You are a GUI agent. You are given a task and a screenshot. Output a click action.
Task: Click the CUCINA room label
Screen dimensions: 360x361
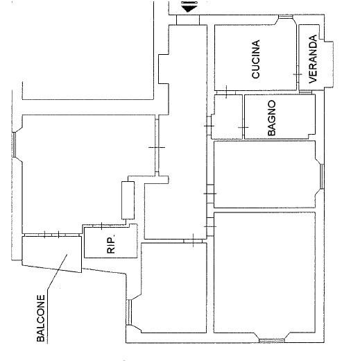(256, 59)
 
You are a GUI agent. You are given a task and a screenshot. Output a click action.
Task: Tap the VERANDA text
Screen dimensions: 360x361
(312, 59)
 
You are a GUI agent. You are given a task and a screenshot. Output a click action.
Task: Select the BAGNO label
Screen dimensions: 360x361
(272, 118)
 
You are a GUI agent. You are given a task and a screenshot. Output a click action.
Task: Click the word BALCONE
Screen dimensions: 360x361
(41, 318)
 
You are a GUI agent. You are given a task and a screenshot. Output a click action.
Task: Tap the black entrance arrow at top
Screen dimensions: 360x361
(189, 6)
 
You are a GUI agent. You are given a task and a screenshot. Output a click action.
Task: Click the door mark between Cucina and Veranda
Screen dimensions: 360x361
(298, 74)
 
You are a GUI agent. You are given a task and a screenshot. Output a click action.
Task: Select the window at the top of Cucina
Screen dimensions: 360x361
(286, 17)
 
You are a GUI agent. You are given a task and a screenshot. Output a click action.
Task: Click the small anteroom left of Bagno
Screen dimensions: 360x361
(227, 117)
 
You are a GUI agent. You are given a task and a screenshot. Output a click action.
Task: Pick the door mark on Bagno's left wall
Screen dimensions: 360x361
(243, 127)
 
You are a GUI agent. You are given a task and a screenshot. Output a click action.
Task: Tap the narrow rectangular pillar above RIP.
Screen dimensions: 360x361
(128, 200)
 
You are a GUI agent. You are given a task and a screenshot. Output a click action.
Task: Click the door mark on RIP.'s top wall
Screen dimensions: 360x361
(102, 226)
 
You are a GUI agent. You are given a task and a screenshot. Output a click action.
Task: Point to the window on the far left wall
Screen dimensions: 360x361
(14, 144)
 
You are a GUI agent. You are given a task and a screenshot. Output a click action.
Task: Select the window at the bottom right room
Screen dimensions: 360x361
(272, 340)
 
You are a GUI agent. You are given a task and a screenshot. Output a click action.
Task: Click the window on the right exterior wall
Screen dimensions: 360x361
(322, 176)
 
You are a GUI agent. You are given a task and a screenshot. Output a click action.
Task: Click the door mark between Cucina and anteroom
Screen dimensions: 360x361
(226, 92)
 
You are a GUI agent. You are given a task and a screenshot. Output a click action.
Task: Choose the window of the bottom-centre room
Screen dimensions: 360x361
(130, 312)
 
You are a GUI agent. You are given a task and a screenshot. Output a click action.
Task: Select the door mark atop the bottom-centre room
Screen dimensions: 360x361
(193, 241)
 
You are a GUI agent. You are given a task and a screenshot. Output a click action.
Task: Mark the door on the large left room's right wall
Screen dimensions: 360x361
(157, 147)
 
